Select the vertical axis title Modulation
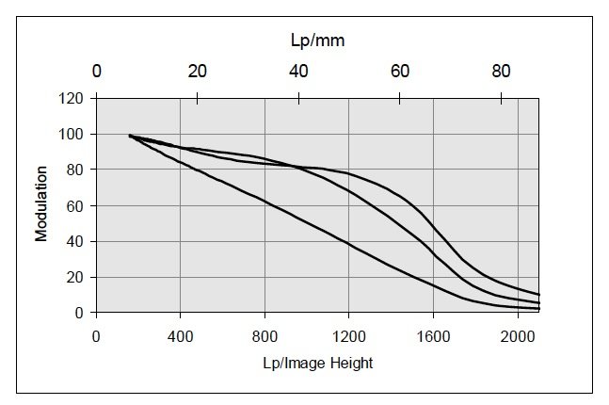pyautogui.click(x=42, y=204)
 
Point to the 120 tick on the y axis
pyautogui.click(x=73, y=98)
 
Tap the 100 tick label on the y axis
pyautogui.click(x=73, y=134)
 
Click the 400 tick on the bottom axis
pyautogui.click(x=180, y=334)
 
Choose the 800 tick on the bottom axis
pyautogui.click(x=264, y=334)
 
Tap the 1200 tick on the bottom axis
pyautogui.click(x=348, y=334)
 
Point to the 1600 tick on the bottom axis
pyautogui.click(x=433, y=334)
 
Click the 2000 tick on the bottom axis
pyautogui.click(x=518, y=334)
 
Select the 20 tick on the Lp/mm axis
pyautogui.click(x=198, y=70)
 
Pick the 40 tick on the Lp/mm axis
pyautogui.click(x=298, y=70)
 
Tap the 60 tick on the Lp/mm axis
pyautogui.click(x=400, y=70)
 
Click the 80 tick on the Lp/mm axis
pyautogui.click(x=502, y=70)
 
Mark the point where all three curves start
pyautogui.click(x=129, y=136)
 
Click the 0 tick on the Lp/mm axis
pyautogui.click(x=96, y=70)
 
